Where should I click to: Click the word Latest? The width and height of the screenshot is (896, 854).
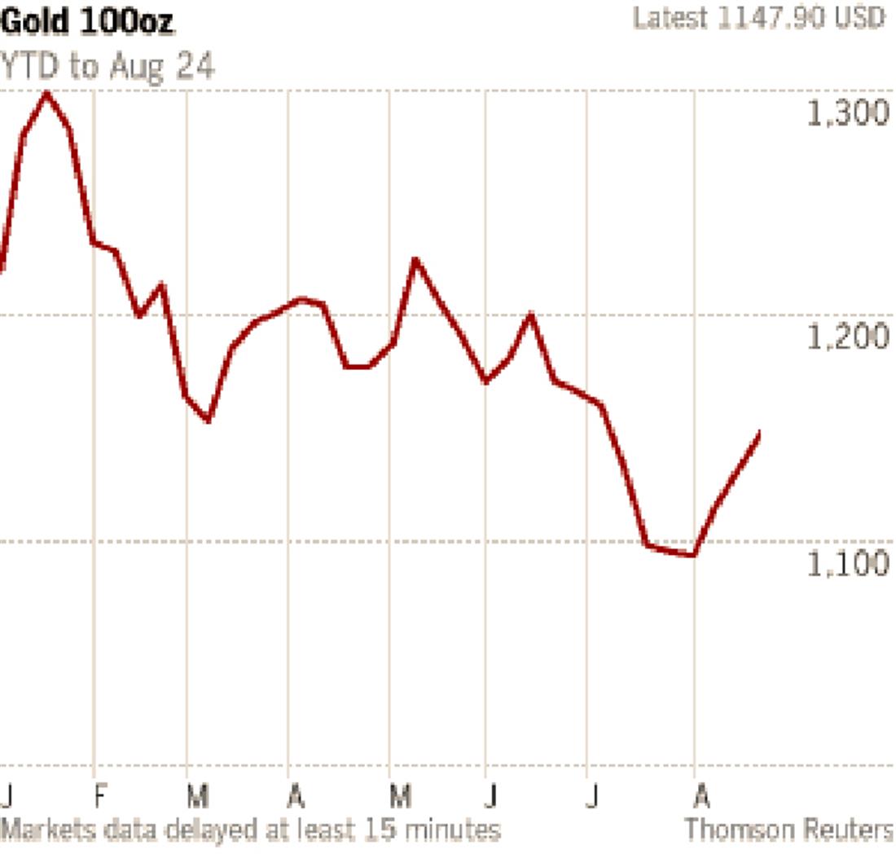[670, 19]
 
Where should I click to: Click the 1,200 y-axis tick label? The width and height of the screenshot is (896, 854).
[848, 337]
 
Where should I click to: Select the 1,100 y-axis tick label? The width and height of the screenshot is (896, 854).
[848, 563]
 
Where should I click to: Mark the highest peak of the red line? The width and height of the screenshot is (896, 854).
[46, 94]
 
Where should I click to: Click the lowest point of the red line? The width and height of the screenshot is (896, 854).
[692, 556]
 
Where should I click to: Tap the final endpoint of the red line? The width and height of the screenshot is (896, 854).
[759, 432]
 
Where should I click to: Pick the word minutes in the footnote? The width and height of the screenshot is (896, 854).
[453, 830]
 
